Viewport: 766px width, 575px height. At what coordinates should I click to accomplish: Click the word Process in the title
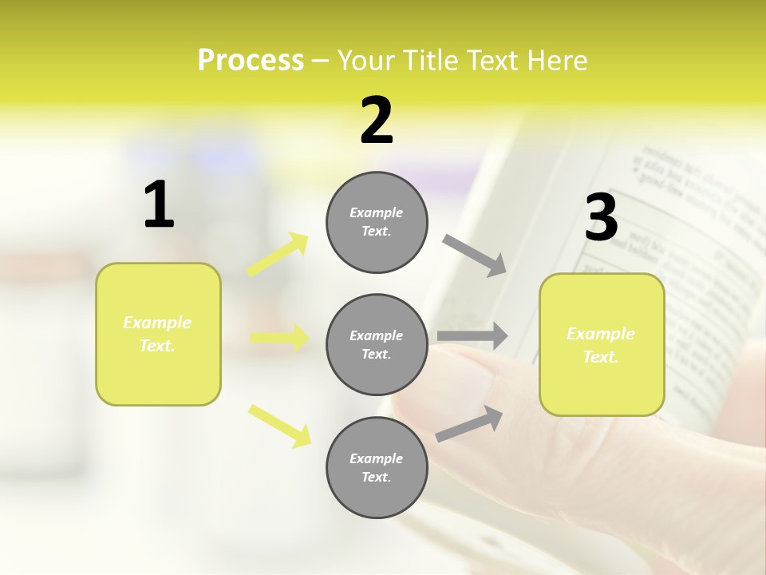[251, 61]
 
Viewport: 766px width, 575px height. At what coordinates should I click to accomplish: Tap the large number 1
[159, 205]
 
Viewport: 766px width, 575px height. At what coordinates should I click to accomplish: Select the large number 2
[377, 121]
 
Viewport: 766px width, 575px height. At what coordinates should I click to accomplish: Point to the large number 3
[601, 218]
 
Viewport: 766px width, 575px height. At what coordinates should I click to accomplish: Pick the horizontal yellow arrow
[279, 338]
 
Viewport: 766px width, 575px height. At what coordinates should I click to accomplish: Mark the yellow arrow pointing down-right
[279, 425]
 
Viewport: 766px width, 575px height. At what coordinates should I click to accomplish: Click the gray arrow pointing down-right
[475, 256]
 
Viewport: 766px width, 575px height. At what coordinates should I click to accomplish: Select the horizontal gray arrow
[472, 336]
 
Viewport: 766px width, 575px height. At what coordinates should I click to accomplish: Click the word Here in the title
[558, 61]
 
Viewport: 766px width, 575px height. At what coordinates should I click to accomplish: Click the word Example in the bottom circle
[376, 458]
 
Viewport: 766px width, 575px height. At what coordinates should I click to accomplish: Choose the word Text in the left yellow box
[156, 346]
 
